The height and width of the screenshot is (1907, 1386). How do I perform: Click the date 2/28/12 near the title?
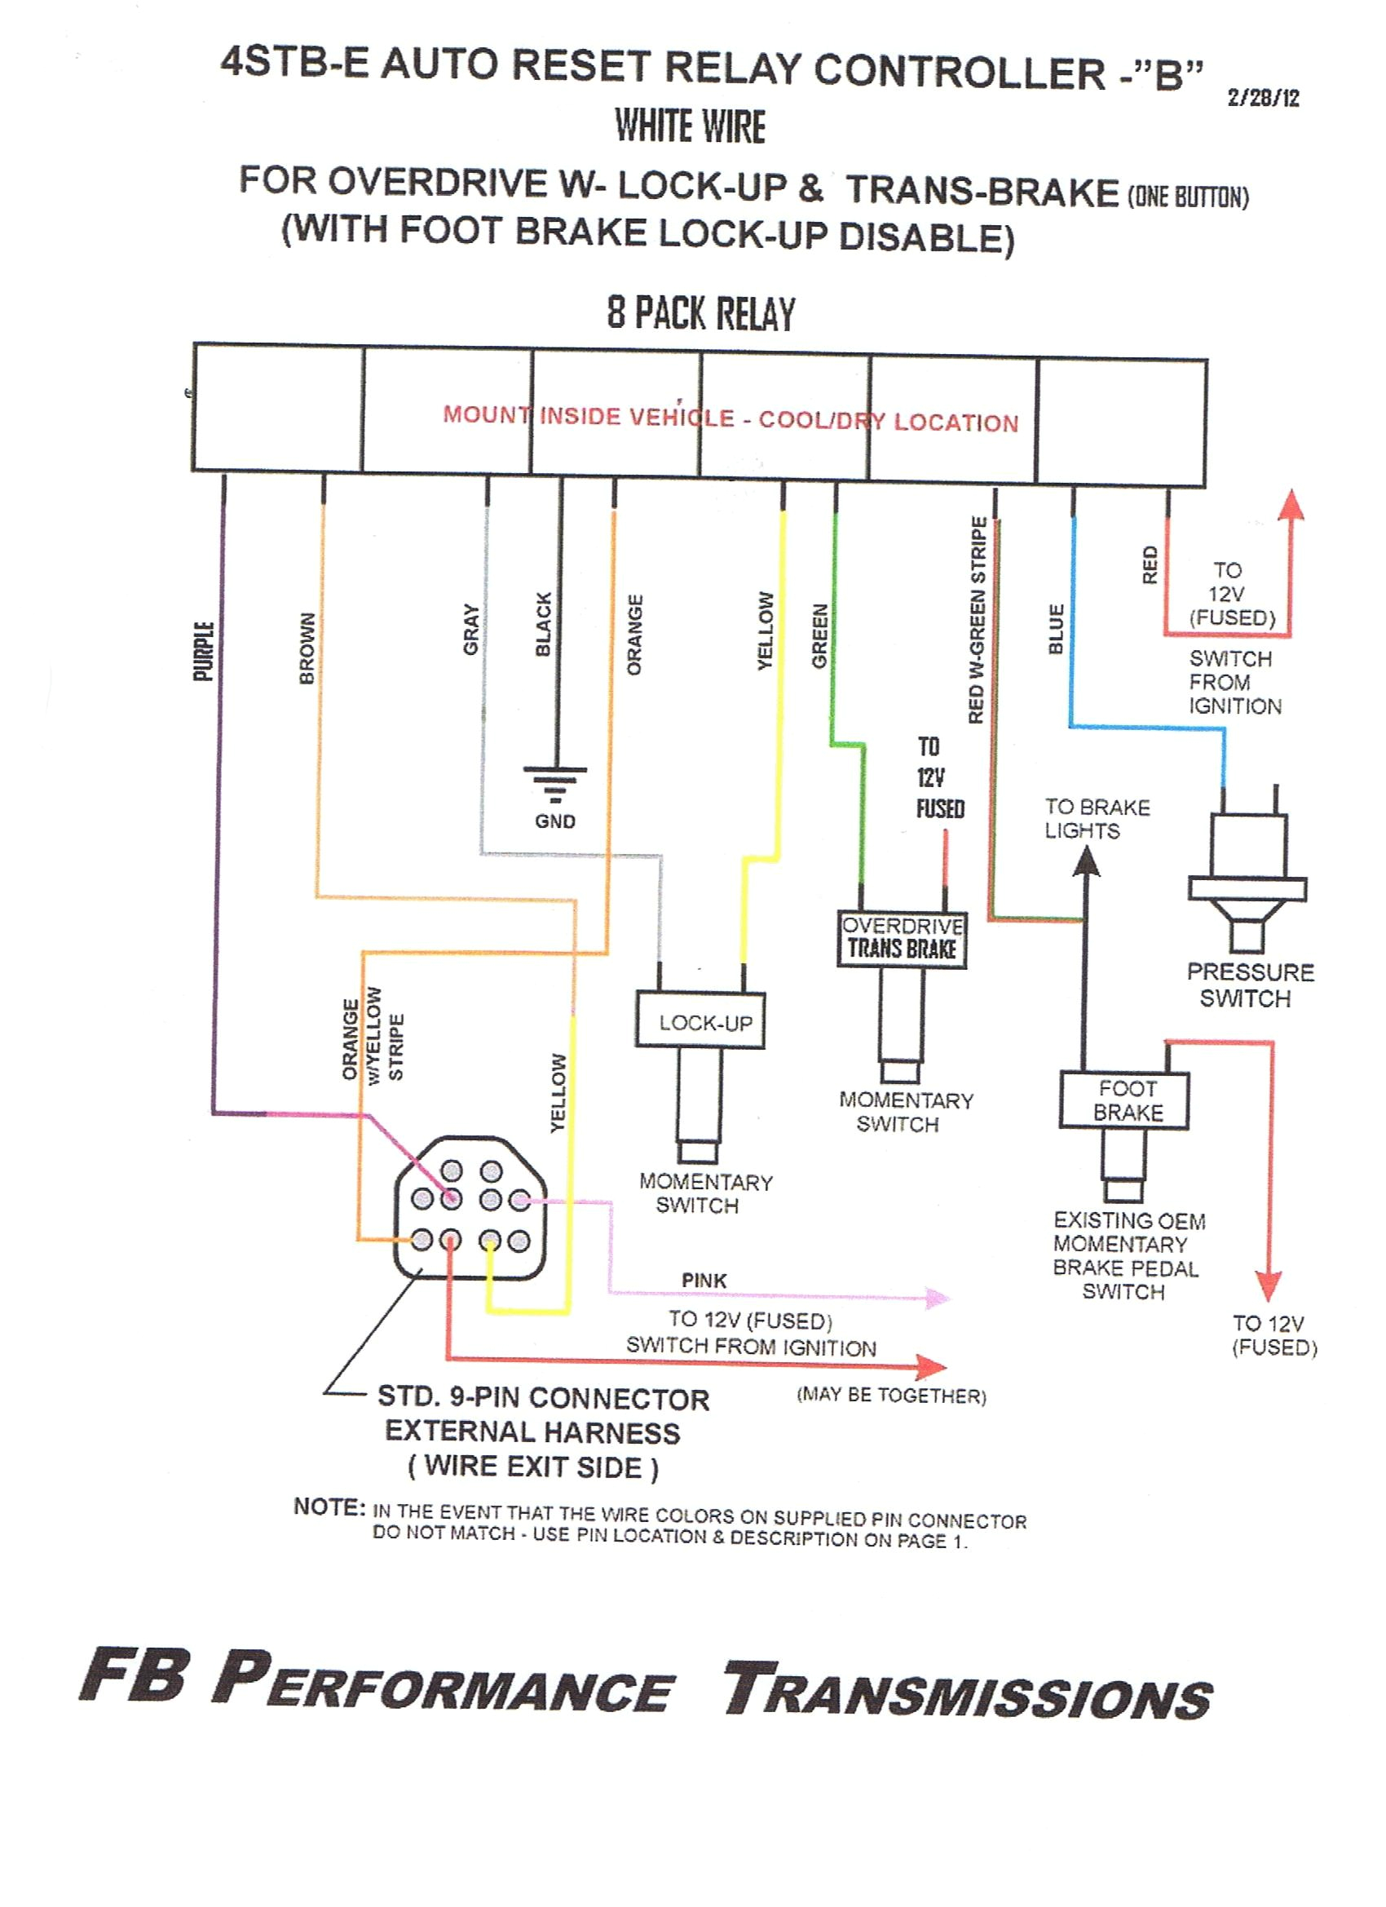coord(1263,99)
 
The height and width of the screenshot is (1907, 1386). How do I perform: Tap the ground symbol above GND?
coord(554,782)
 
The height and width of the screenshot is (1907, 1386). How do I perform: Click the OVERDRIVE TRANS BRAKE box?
coord(902,938)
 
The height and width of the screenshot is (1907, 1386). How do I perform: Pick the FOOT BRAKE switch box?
coord(1124,1100)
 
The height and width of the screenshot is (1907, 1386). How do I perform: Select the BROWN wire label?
coord(307,648)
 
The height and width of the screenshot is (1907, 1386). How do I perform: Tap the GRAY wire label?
coord(470,630)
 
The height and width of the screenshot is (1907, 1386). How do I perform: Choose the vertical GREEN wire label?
coord(820,636)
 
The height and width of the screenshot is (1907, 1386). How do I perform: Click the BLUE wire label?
coord(1057,629)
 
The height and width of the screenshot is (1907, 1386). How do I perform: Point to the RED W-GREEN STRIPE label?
coord(977,620)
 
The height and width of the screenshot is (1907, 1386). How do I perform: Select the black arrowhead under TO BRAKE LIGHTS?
coord(1087,863)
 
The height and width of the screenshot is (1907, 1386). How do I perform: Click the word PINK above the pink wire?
coord(704,1280)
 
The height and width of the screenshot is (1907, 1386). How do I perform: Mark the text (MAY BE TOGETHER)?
coord(891,1396)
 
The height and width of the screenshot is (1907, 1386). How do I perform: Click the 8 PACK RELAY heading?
coord(701,314)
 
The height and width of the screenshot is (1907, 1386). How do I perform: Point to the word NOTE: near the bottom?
coord(329,1507)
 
